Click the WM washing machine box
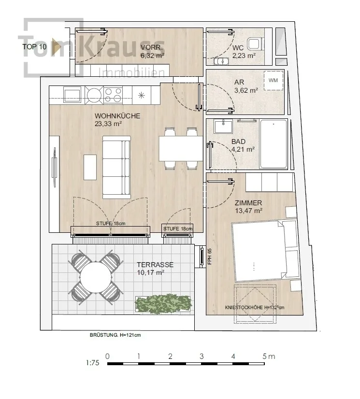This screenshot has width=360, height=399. [x=274, y=80]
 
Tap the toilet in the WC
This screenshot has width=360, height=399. [x=255, y=43]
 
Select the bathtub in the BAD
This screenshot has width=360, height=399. [x=274, y=144]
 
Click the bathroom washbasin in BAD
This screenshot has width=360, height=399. [x=223, y=126]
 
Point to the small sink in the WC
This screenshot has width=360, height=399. [x=221, y=61]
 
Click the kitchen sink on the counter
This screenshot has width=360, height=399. [x=72, y=95]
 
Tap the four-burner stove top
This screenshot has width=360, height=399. [x=113, y=95]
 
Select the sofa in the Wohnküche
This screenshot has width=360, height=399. [x=116, y=167]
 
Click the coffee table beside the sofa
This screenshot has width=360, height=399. [x=90, y=167]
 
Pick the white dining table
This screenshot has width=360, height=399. [x=181, y=149]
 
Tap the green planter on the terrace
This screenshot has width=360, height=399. [x=163, y=303]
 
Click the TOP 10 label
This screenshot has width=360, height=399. [x=34, y=47]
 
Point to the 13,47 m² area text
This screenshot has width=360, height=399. [x=249, y=211]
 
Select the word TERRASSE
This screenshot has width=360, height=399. [x=155, y=265]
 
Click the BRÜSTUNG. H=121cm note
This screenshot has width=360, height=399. [x=115, y=335]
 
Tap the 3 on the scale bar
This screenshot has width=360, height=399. [x=202, y=356]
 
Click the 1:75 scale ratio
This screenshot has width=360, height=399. [x=93, y=363]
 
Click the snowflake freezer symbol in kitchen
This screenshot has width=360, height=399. [x=141, y=96]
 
